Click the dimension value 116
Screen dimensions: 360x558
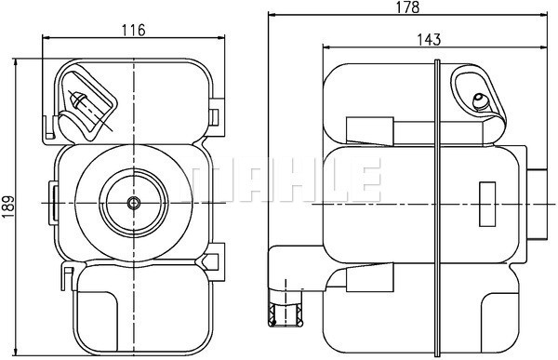click(x=134, y=30)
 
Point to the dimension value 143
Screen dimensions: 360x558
click(x=429, y=39)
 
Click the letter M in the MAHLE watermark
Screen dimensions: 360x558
click(x=208, y=180)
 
